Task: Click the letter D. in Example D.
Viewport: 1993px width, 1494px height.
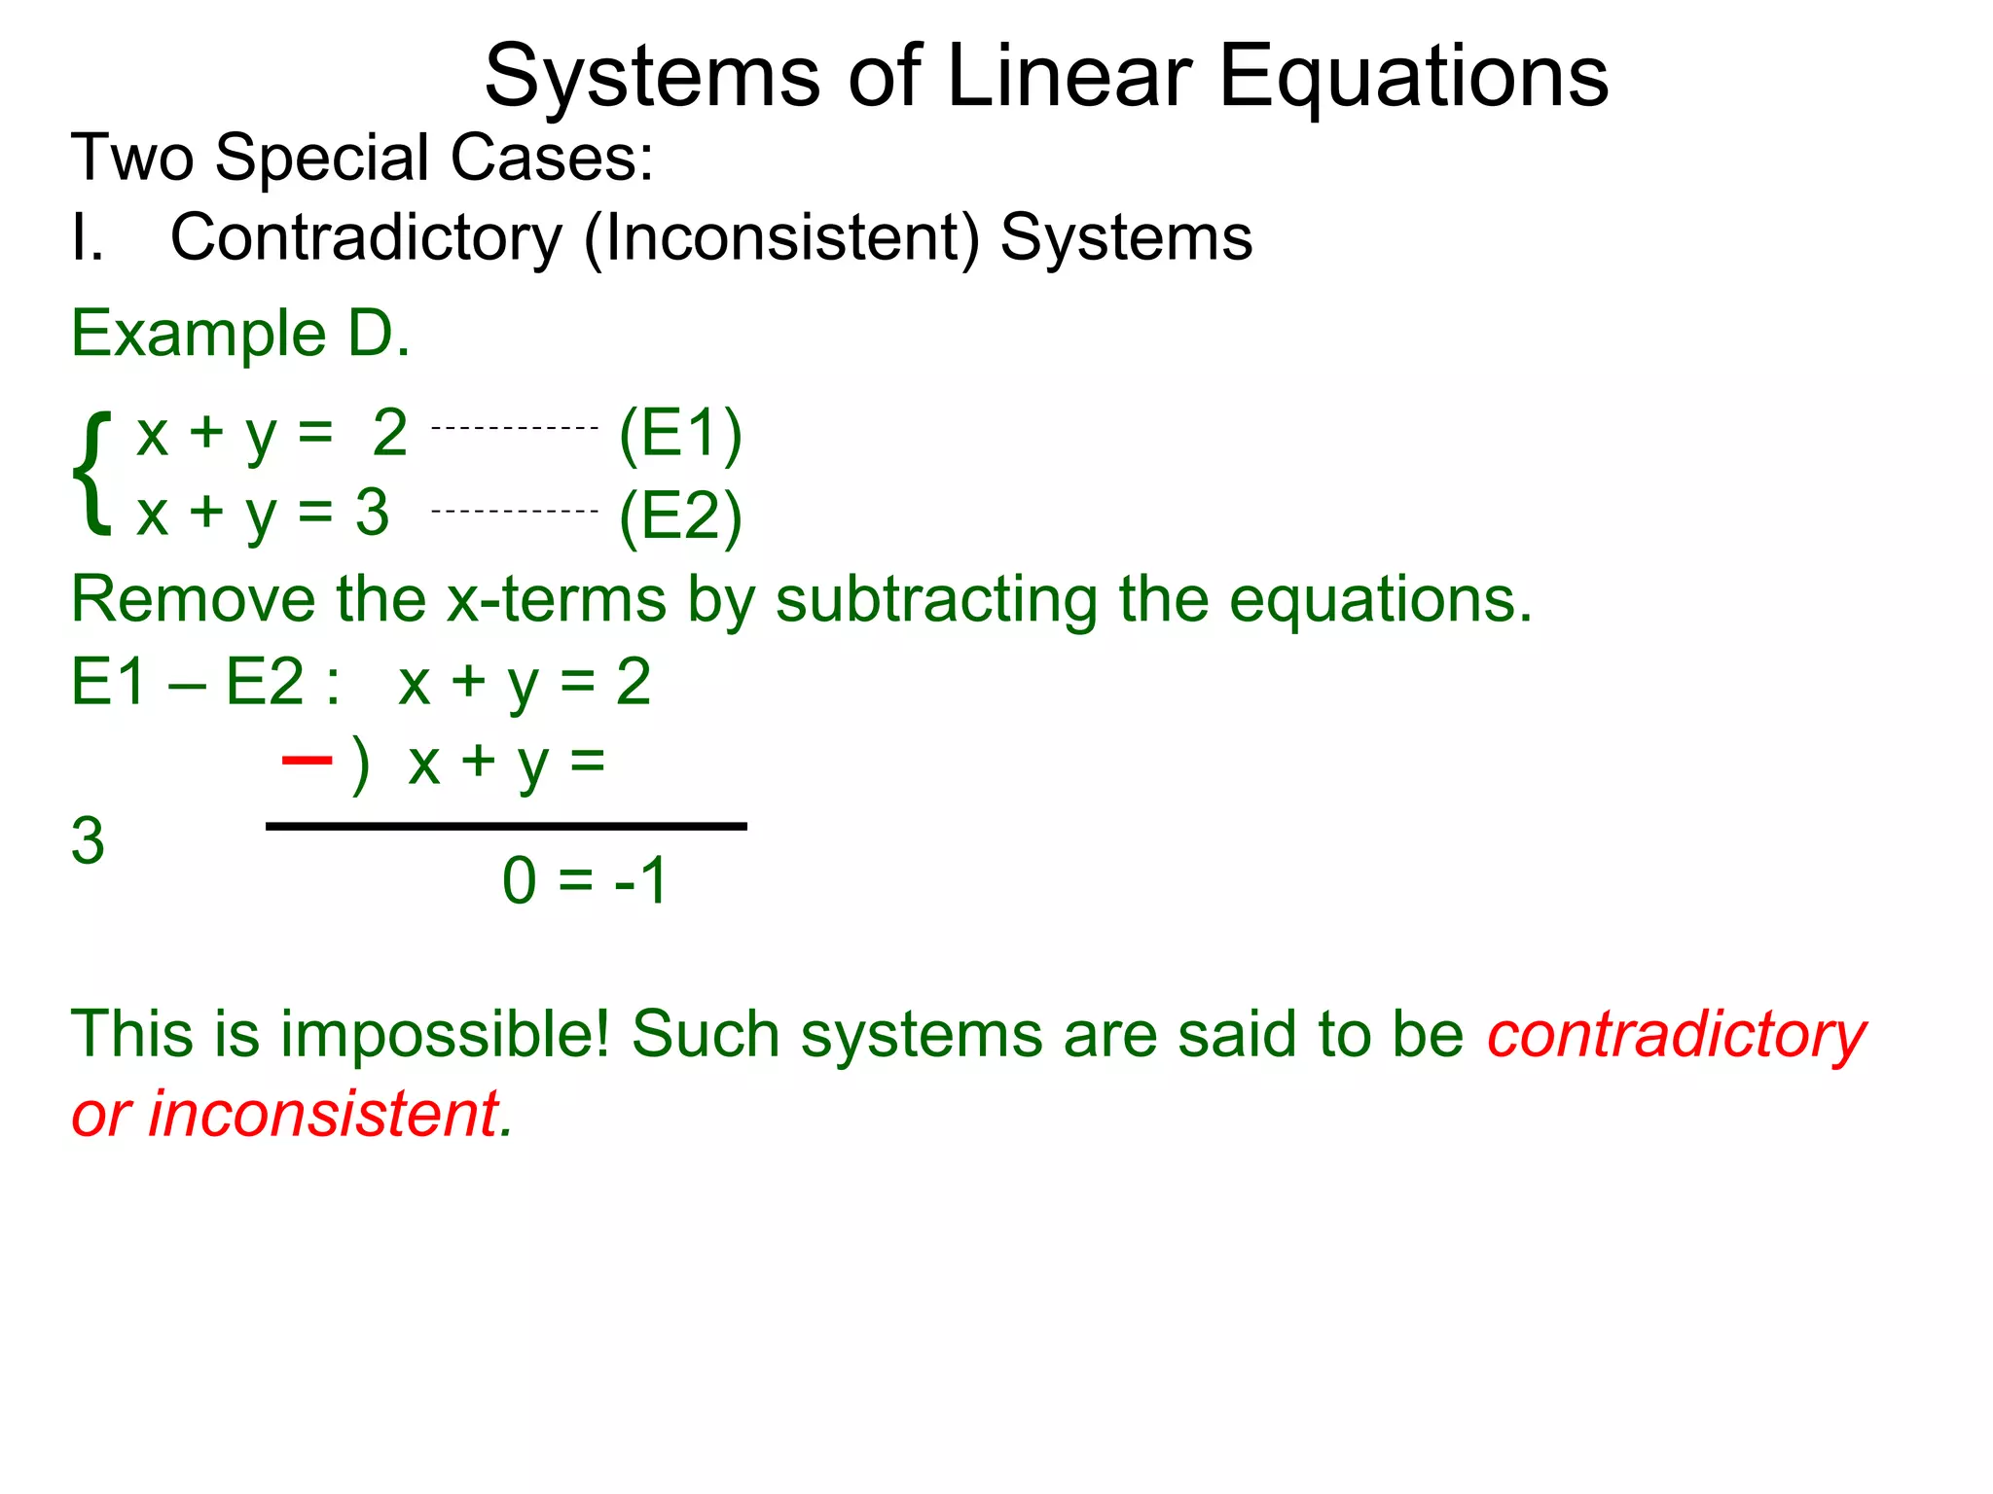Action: coord(379,334)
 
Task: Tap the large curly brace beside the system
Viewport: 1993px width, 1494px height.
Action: coord(92,473)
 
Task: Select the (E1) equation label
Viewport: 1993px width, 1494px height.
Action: coord(680,434)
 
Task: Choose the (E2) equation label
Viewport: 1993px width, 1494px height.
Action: coord(680,516)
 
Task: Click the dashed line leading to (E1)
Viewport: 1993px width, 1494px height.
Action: coord(514,428)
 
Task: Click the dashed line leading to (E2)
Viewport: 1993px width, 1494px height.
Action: coord(514,511)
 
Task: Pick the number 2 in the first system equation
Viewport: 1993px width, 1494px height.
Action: coord(389,433)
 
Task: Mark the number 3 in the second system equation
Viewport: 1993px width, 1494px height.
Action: coord(372,513)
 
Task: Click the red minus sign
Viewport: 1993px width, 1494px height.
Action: coord(307,760)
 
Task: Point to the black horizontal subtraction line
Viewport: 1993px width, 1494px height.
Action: coord(506,827)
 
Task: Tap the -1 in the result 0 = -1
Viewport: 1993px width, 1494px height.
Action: coord(640,881)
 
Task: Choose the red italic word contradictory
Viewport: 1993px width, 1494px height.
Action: coord(1676,1035)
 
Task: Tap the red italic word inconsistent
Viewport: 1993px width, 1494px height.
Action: coord(323,1114)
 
